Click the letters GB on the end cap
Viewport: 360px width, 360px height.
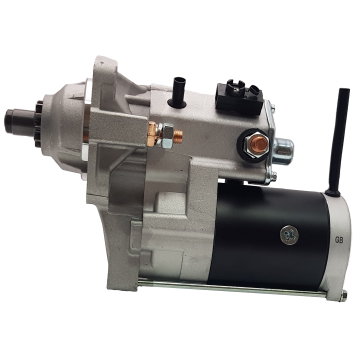tap(338, 239)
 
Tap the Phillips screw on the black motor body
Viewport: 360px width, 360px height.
tap(289, 235)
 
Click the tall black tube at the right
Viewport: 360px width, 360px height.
tap(338, 142)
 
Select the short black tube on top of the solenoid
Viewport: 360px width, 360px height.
tap(178, 92)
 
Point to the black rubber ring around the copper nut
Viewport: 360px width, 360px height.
tap(254, 146)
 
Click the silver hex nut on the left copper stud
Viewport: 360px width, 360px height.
tap(166, 135)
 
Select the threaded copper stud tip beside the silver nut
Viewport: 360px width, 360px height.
tap(178, 136)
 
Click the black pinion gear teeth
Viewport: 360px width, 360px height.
tap(39, 123)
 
